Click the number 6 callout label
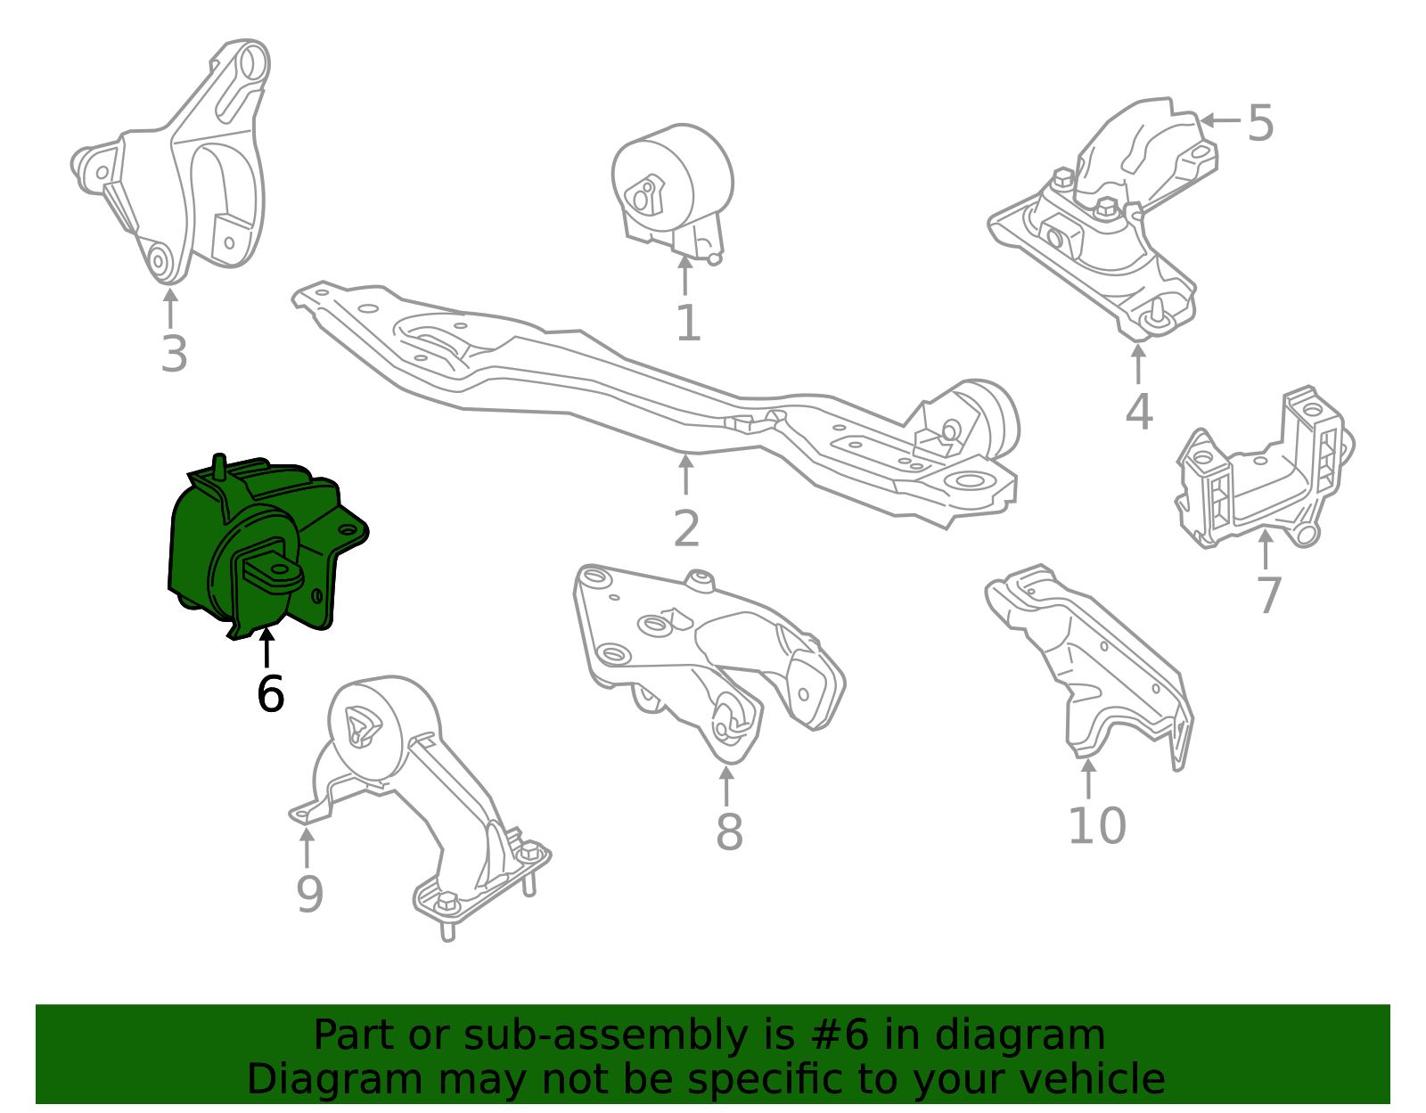[x=270, y=694]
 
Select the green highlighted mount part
[x=263, y=548]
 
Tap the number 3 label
[x=174, y=355]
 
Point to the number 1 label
[x=688, y=323]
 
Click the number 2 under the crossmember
[x=686, y=528]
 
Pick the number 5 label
[x=1260, y=123]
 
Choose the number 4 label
[x=1138, y=412]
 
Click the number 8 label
[x=729, y=832]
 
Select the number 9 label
[x=310, y=894]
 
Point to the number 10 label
[x=1097, y=826]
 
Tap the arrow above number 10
[x=1088, y=779]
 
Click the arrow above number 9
[x=307, y=848]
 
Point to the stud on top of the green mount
[x=220, y=467]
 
